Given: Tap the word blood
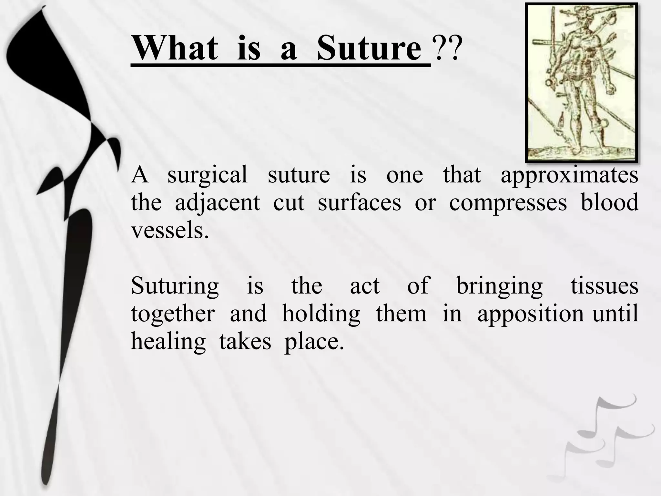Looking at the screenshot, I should coord(609,202).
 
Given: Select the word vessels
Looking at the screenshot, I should coord(169,231).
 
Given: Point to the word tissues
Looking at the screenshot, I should coord(604,286).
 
